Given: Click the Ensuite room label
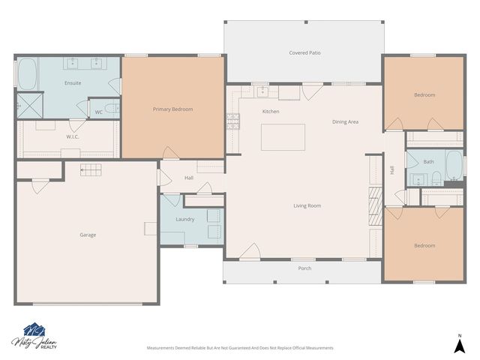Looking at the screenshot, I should tap(73, 82).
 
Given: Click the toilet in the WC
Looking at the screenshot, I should tap(111, 110).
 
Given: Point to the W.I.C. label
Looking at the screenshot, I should tap(73, 136).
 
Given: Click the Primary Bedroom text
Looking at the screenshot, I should tap(172, 109).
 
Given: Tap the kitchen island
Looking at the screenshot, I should tap(283, 137).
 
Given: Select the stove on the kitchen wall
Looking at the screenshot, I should tap(232, 118).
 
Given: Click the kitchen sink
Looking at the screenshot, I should tap(263, 91).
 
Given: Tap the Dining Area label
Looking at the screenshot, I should tap(345, 121).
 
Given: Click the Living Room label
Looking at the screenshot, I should tap(307, 205).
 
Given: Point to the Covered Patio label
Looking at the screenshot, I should tap(304, 53).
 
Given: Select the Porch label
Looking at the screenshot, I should tap(304, 268).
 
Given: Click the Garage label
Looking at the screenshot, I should tap(88, 235).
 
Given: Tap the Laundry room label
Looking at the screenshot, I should tap(184, 220).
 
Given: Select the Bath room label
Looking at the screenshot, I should tap(428, 161).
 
